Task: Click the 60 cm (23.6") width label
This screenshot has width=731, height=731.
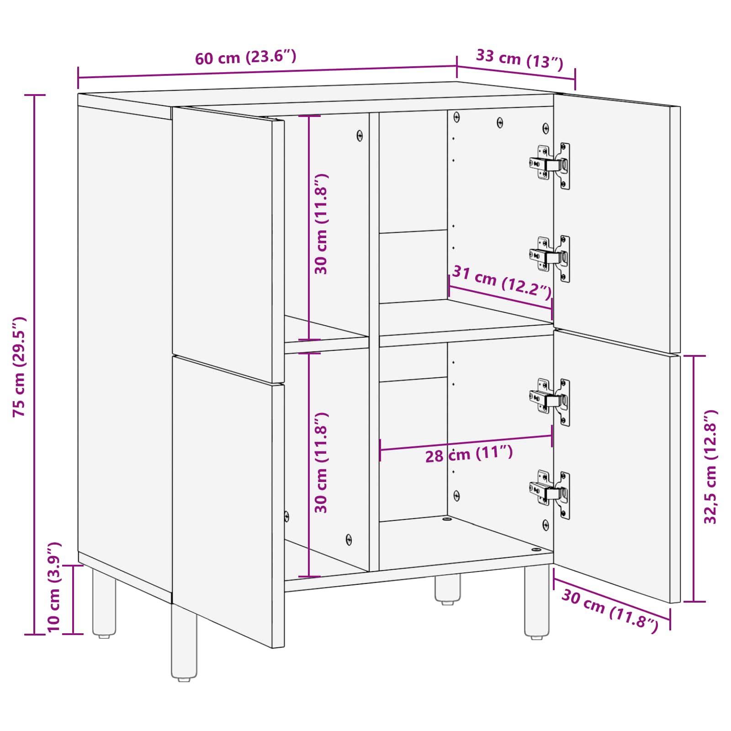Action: [x=245, y=57]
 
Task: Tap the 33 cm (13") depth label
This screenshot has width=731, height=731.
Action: [x=519, y=59]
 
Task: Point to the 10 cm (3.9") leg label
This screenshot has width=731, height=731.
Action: [x=54, y=587]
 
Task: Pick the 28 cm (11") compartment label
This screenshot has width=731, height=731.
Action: [x=469, y=454]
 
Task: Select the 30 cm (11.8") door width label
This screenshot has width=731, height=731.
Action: [x=609, y=610]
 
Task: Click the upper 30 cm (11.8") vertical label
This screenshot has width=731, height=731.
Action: [x=321, y=224]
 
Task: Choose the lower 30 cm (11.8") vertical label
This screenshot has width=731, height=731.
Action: [x=321, y=462]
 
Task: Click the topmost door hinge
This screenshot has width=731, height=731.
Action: [x=551, y=164]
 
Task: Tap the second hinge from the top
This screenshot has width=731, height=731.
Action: [x=551, y=258]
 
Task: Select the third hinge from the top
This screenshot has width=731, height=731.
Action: [x=551, y=401]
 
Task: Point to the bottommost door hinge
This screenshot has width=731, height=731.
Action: [x=551, y=493]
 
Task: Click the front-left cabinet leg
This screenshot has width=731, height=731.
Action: [x=184, y=644]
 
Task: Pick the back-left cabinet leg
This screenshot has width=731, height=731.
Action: [x=104, y=603]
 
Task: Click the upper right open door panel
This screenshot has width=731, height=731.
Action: [x=617, y=224]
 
